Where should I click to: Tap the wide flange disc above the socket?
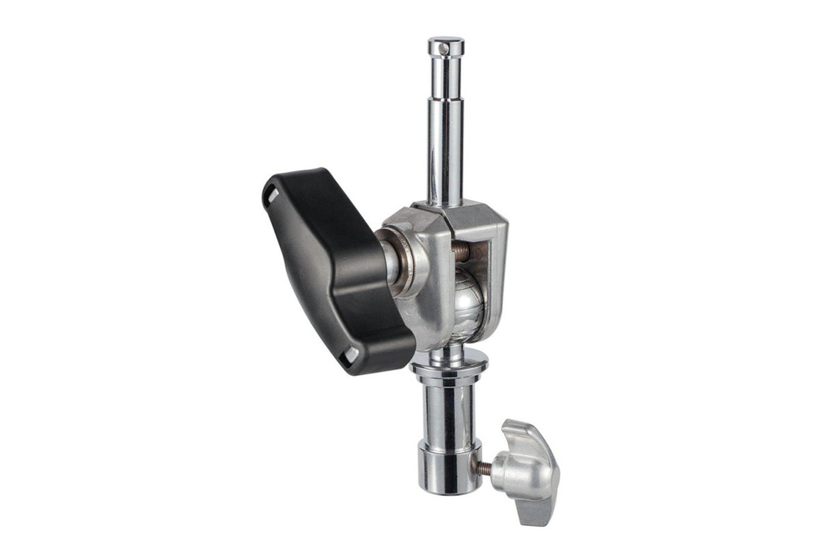pos(449,360)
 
